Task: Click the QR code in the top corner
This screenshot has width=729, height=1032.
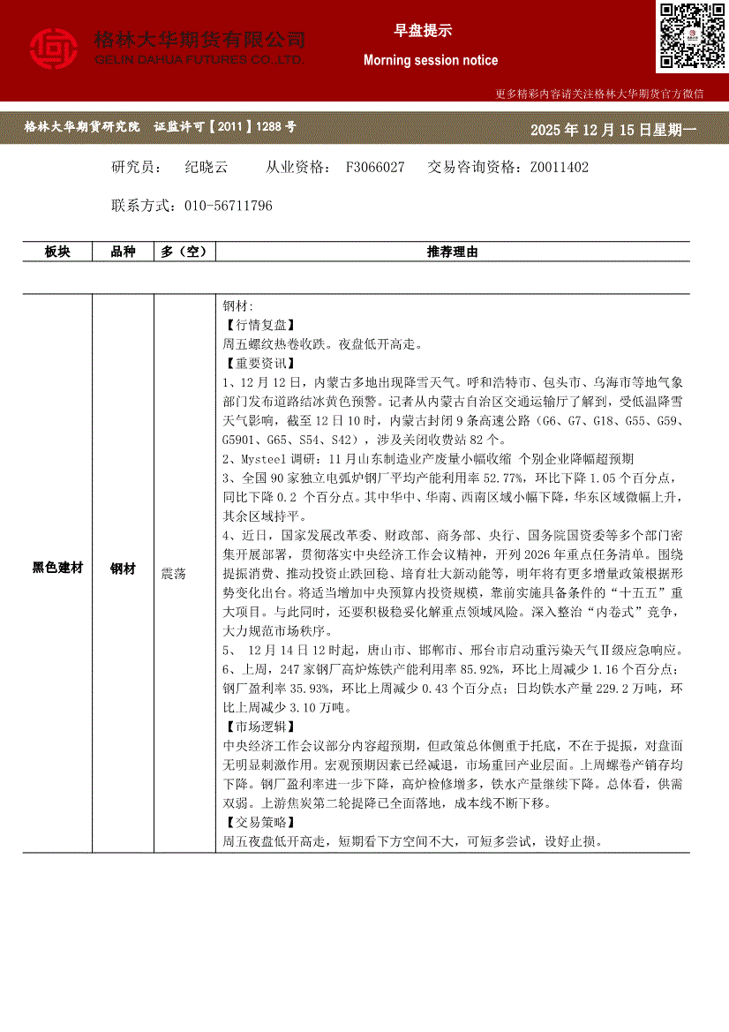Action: [691, 35]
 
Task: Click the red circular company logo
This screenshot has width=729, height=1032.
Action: [54, 49]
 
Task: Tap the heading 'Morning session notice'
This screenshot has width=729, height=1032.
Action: [431, 60]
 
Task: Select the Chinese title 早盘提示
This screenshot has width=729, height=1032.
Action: [423, 31]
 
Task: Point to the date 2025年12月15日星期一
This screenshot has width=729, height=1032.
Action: [613, 130]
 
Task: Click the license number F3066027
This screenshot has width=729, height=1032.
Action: [375, 167]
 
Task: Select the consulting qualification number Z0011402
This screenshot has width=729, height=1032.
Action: [559, 167]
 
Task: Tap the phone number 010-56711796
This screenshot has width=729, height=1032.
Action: [229, 206]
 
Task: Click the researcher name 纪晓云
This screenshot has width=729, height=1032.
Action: [207, 167]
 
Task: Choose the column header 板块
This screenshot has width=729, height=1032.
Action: [57, 252]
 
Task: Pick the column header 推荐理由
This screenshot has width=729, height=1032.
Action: [452, 252]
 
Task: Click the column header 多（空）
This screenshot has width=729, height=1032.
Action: [184, 252]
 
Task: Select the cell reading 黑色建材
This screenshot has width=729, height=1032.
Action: [57, 569]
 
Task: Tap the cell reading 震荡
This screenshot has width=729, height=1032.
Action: [174, 573]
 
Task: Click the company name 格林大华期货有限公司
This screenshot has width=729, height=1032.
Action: [199, 40]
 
